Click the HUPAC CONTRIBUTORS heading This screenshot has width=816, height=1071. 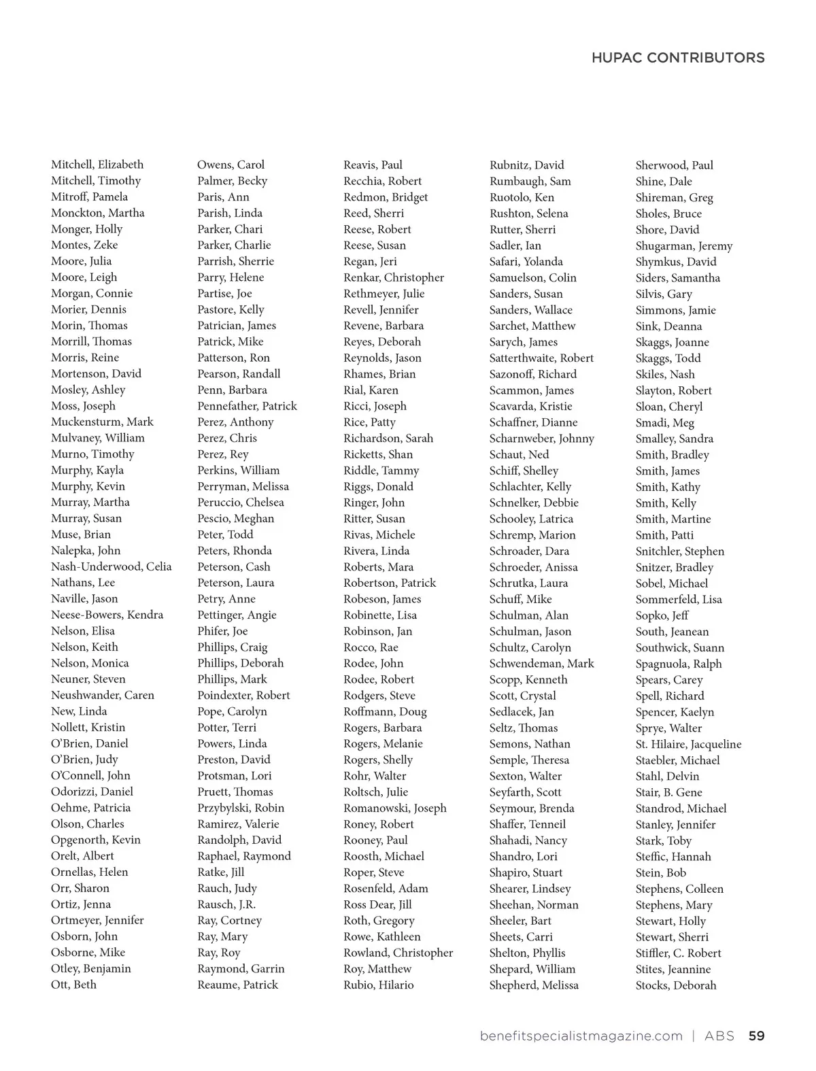(677, 58)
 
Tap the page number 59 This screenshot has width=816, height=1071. (756, 1036)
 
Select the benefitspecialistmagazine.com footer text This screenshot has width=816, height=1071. (581, 1036)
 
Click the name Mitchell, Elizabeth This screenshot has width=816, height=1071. (97, 165)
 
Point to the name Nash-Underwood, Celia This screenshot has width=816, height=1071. (111, 566)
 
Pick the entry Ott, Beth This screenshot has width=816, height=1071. (73, 985)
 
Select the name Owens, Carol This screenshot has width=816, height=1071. (231, 165)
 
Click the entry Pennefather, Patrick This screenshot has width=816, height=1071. (247, 406)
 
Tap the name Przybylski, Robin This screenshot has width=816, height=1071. (241, 808)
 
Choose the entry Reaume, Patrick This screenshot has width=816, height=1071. (237, 985)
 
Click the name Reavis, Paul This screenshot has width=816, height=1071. (373, 165)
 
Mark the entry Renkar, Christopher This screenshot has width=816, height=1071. (393, 277)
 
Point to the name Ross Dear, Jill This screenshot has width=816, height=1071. (377, 904)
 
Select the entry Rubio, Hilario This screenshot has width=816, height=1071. (378, 985)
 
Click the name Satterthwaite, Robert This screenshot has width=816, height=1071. (541, 358)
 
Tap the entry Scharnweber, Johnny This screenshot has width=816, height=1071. (541, 439)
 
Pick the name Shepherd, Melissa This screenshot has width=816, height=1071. (534, 985)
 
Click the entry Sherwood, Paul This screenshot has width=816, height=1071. (674, 165)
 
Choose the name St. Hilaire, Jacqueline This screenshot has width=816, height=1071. (688, 744)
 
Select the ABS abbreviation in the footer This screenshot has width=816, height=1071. (719, 1036)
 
